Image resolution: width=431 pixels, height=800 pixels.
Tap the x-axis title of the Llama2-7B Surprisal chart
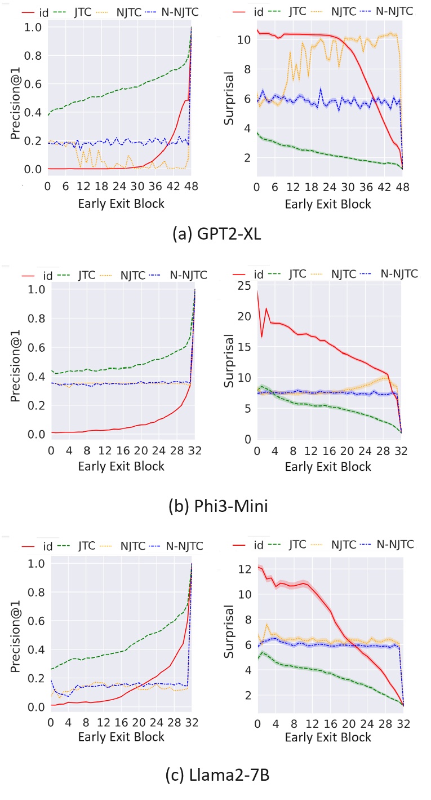pos(328,737)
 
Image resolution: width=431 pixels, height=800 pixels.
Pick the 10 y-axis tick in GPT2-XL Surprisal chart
pos(243,40)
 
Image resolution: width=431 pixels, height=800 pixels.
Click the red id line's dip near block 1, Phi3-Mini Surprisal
pos(261,337)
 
